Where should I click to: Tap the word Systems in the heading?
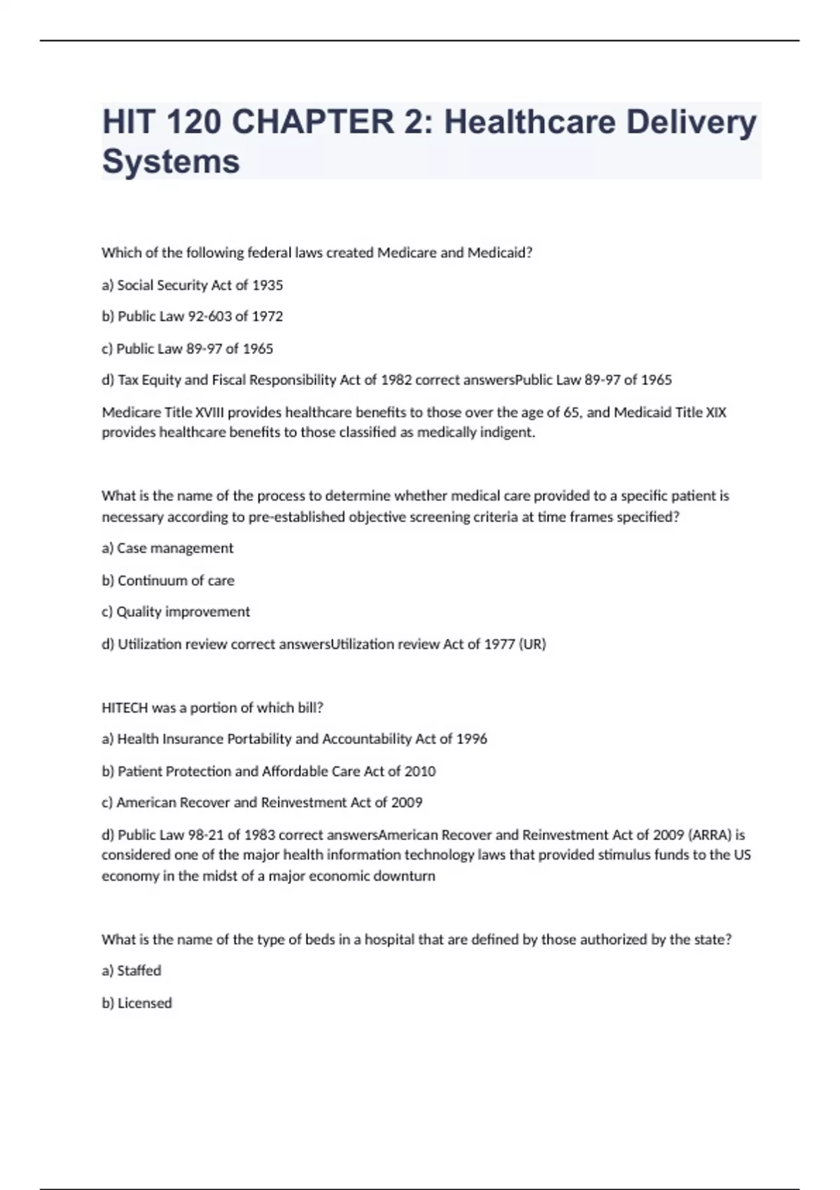click(x=171, y=162)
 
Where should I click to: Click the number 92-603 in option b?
click(x=210, y=316)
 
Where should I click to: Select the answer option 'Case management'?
click(x=175, y=548)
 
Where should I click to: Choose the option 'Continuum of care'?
click(x=176, y=580)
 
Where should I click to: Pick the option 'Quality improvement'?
click(x=183, y=612)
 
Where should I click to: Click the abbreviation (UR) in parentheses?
click(x=532, y=644)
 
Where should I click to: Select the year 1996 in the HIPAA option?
click(x=472, y=739)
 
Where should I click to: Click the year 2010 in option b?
click(x=420, y=771)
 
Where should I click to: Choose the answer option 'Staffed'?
click(x=139, y=971)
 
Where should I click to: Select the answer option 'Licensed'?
click(x=144, y=1003)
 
